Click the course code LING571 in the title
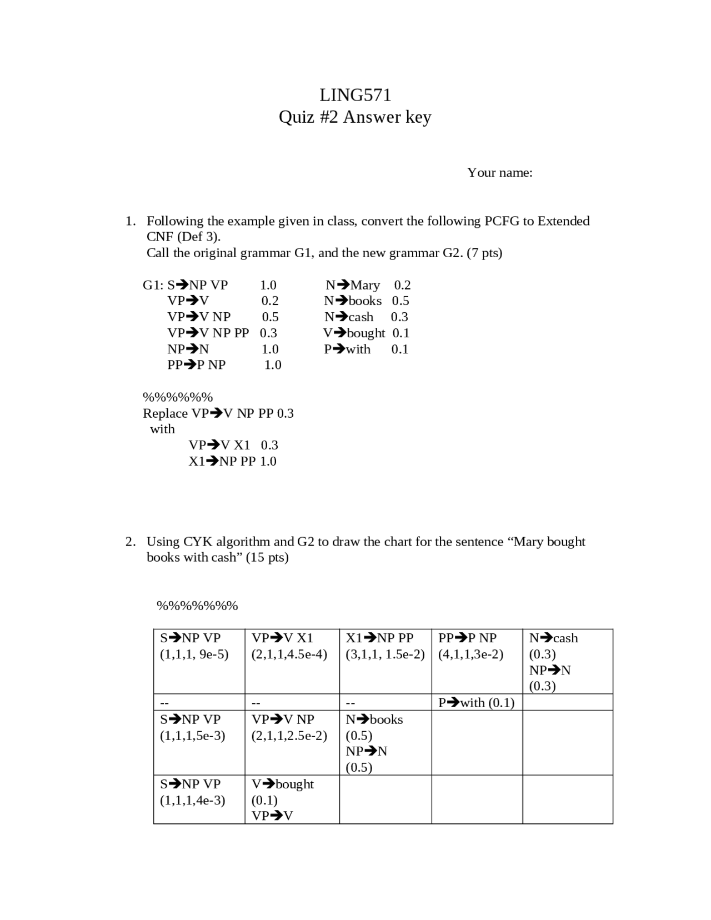pyautogui.click(x=355, y=96)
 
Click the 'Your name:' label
pyautogui.click(x=499, y=173)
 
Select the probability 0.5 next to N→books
pyautogui.click(x=400, y=301)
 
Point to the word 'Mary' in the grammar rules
pyautogui.click(x=365, y=286)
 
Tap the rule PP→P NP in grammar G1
pyautogui.click(x=197, y=365)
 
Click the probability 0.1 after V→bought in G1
pyautogui.click(x=400, y=333)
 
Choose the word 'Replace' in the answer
pyautogui.click(x=165, y=413)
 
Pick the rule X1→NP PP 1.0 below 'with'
pyautogui.click(x=232, y=461)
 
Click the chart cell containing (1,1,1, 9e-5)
pyautogui.click(x=199, y=661)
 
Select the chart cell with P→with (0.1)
pyautogui.click(x=476, y=703)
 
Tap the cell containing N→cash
pyautogui.click(x=567, y=661)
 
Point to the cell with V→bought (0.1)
pyautogui.click(x=292, y=799)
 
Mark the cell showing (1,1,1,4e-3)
pyautogui.click(x=199, y=799)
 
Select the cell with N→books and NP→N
pyautogui.click(x=385, y=742)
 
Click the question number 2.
pyautogui.click(x=129, y=542)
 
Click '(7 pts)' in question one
pyautogui.click(x=484, y=253)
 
